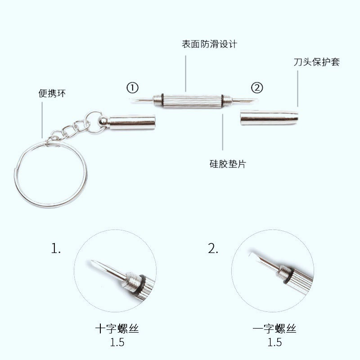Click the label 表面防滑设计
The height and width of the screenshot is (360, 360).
(209, 44)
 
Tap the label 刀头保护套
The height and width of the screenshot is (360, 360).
(317, 62)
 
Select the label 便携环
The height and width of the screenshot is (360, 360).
(52, 93)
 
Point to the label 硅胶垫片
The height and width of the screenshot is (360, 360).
(228, 164)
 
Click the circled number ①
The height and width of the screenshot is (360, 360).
(132, 88)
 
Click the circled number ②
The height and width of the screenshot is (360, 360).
(257, 88)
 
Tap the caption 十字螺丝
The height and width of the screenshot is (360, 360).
(117, 329)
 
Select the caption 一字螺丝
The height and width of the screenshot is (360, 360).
(274, 329)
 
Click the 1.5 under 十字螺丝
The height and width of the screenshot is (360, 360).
(117, 342)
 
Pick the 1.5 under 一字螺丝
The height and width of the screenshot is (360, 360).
(274, 342)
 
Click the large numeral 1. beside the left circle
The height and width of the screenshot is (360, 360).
(56, 248)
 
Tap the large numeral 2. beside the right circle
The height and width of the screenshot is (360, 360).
(213, 248)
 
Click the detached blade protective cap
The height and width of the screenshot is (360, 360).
(269, 118)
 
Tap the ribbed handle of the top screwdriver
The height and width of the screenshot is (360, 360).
(192, 100)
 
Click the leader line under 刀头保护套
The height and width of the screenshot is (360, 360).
(298, 89)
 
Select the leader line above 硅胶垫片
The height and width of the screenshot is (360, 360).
(222, 132)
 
